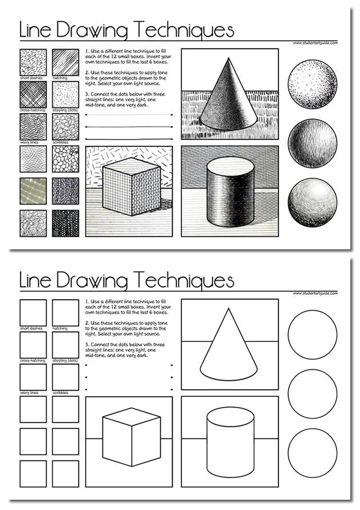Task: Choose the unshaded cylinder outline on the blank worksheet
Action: pyautogui.click(x=230, y=443)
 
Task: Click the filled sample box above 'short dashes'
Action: pyautogui.click(x=33, y=62)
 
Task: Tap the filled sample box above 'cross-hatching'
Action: pyautogui.click(x=33, y=94)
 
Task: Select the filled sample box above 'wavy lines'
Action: pyautogui.click(x=33, y=127)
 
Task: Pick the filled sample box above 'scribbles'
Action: pyautogui.click(x=66, y=127)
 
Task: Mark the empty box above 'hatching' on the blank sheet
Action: pyautogui.click(x=66, y=312)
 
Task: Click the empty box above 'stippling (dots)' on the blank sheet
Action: pyautogui.click(x=66, y=345)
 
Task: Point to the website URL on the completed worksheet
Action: pyautogui.click(x=314, y=43)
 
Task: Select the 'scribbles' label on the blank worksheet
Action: pyautogui.click(x=61, y=393)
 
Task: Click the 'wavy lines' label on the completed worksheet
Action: pyautogui.click(x=29, y=142)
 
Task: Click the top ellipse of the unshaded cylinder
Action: pyautogui.click(x=230, y=417)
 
